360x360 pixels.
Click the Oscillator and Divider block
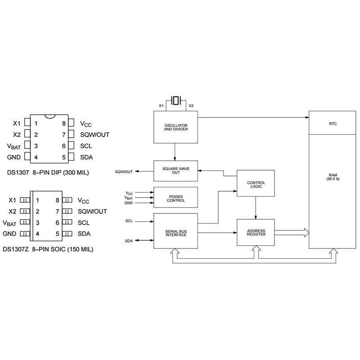tap(176, 127)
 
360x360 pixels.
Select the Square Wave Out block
tap(176, 171)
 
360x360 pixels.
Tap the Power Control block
tap(176, 198)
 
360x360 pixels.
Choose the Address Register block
tap(256, 233)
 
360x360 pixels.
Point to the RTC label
tap(333, 123)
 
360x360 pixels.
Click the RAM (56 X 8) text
tap(333, 177)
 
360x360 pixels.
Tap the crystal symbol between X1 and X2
tap(176, 100)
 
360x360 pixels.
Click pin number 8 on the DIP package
tap(64, 123)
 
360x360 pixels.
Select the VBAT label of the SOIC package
tap(10, 223)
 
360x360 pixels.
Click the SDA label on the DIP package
tap(86, 157)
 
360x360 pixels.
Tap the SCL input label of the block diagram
tap(130, 221)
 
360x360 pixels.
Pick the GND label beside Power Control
tap(129, 203)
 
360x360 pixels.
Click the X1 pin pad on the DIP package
tap(27, 123)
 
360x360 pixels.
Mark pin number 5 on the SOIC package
tap(58, 234)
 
